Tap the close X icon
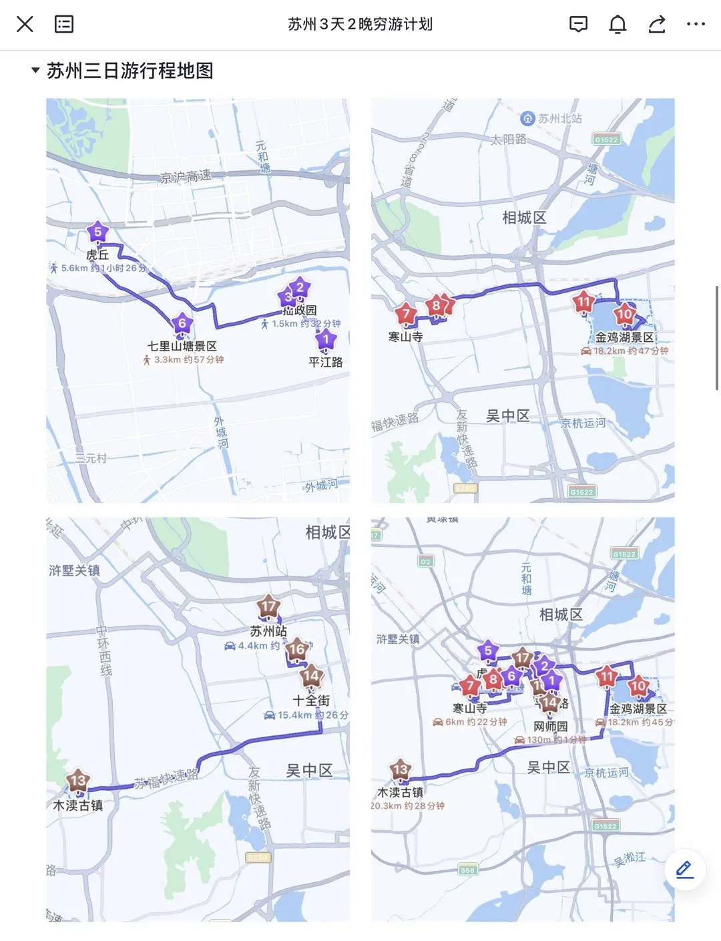(x=25, y=25)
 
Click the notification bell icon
(x=618, y=25)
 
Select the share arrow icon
(x=657, y=25)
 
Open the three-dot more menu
(x=696, y=25)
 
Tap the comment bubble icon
(x=578, y=25)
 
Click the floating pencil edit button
(x=684, y=869)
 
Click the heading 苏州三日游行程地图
(x=130, y=71)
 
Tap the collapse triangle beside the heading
(x=35, y=70)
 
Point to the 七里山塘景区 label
(x=182, y=346)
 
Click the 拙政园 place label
(x=300, y=310)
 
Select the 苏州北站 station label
(x=559, y=118)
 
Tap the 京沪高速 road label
(x=186, y=176)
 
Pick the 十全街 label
(x=311, y=701)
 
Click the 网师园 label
(x=550, y=727)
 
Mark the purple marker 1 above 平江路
(x=326, y=340)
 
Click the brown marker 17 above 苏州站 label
(x=268, y=607)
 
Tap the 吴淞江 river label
(x=630, y=859)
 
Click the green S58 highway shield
(x=468, y=870)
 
